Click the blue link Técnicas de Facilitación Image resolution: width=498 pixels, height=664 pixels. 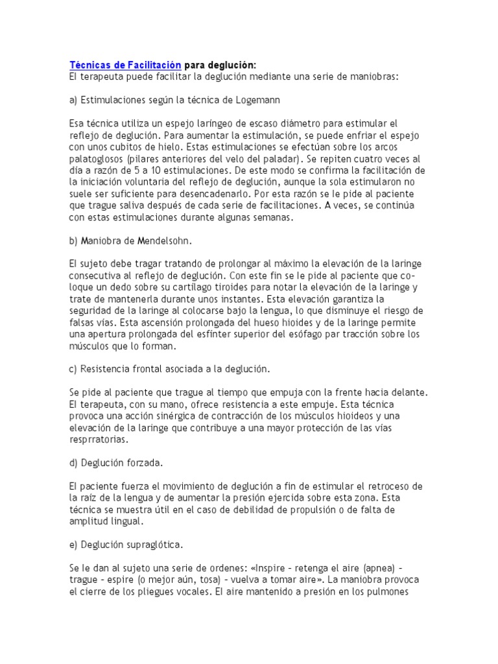[x=126, y=65]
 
